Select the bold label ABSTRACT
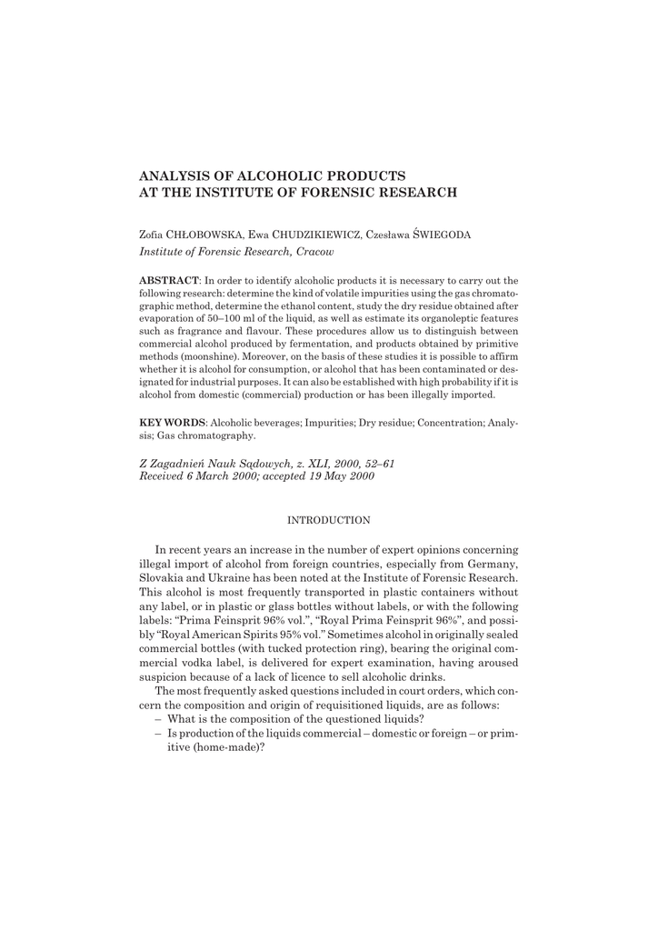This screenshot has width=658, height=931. (x=169, y=280)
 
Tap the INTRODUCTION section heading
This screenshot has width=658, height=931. (x=328, y=520)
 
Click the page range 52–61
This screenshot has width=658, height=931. (x=375, y=463)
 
